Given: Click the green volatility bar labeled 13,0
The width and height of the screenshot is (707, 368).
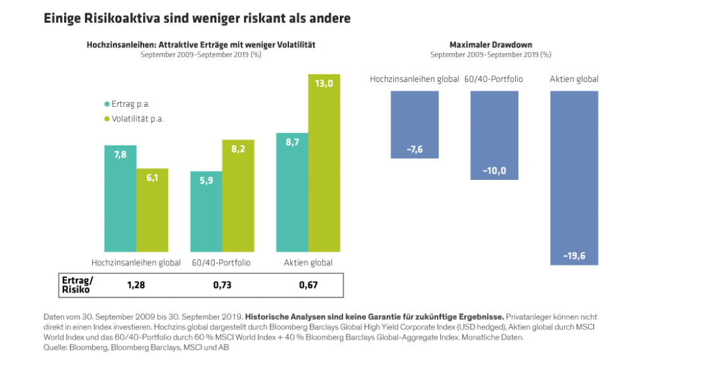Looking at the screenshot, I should coord(324,163).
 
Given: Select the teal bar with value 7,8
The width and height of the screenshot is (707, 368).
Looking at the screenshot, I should coord(120,198).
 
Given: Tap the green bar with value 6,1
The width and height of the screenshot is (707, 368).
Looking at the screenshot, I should coord(152,210).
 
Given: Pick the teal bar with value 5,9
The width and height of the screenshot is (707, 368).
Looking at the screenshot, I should coord(206,211).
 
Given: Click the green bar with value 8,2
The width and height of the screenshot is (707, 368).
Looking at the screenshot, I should coord(238,196).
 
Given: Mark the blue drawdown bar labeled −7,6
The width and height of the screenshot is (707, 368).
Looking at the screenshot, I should coord(415,125).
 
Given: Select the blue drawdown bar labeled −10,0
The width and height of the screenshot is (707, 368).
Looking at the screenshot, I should coord(495,135).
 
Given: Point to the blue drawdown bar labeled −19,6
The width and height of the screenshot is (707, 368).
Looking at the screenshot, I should coord(574,177).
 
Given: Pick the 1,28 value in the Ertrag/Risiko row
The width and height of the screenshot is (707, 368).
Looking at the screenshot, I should coord(137,285).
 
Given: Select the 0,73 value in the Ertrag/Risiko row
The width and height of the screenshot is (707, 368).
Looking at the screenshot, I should coord(222,285).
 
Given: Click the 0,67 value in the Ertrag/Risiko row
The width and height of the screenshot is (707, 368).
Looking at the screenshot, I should coord(308,285).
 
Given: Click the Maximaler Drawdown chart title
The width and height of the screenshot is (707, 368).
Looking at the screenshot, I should coord(490,45).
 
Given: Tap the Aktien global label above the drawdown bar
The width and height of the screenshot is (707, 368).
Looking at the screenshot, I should coord(574,79).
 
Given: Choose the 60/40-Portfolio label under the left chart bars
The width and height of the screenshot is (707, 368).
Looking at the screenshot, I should coord(222,262).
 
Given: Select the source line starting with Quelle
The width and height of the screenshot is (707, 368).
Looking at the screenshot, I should coord(136,348).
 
